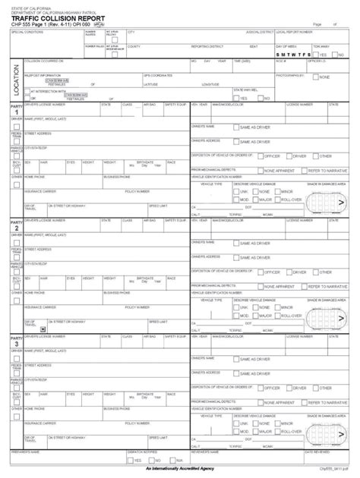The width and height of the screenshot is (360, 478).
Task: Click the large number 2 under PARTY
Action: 14,228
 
